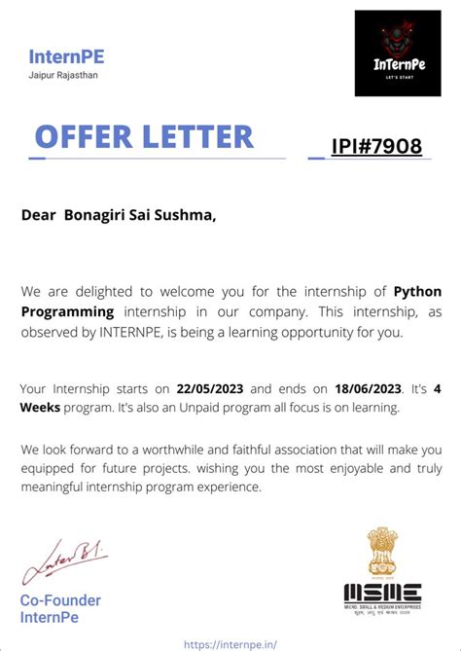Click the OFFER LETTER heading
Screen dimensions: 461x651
(x=143, y=136)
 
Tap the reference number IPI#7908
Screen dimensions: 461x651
(x=376, y=147)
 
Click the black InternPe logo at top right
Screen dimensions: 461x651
(x=398, y=54)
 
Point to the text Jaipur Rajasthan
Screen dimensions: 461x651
(x=64, y=75)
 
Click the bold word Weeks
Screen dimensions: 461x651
(x=44, y=408)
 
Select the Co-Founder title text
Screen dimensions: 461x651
(x=60, y=599)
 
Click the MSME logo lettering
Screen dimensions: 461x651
(x=382, y=593)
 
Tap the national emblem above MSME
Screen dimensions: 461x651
(x=382, y=552)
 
